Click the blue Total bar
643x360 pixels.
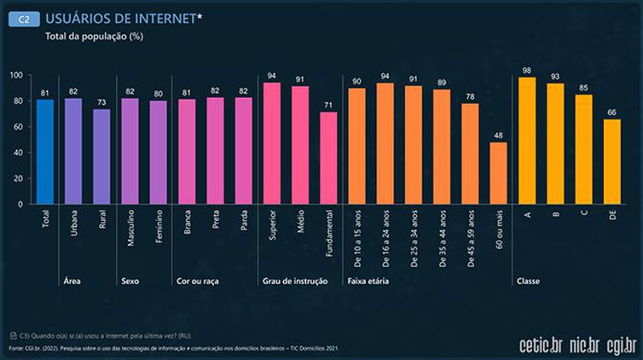coord(45,152)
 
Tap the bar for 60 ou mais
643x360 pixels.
coord(498,173)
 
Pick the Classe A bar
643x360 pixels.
coord(527,141)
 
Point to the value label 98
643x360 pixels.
coord(527,70)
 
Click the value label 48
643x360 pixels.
coord(498,135)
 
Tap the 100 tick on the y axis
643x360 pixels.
coord(15,75)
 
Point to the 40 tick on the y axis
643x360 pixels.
coord(17,153)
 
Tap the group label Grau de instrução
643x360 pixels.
coord(294,280)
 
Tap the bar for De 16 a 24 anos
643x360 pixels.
coord(385,143)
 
